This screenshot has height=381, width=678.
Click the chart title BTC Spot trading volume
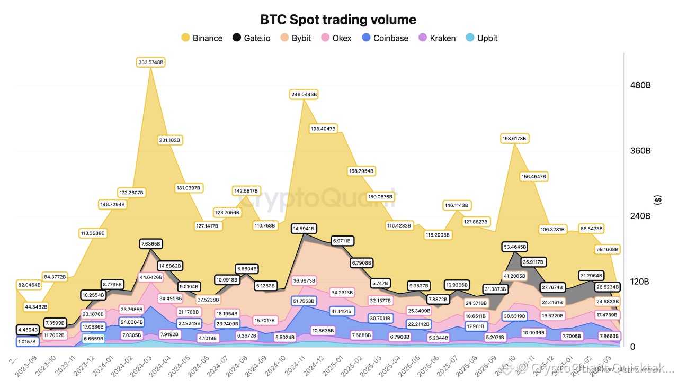pyautogui.click(x=338, y=20)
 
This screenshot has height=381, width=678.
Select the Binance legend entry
pyautogui.click(x=202, y=38)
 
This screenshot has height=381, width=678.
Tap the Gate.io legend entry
pyautogui.click(x=252, y=38)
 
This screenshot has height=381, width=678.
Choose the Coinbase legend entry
pyautogui.click(x=385, y=38)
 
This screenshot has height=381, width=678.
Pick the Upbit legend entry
pyautogui.click(x=481, y=38)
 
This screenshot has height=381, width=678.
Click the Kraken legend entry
pyautogui.click(x=437, y=38)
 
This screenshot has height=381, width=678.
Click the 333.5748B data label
pyautogui.click(x=151, y=62)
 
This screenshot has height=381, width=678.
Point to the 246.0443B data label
pyautogui.click(x=304, y=95)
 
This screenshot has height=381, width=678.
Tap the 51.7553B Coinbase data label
pyautogui.click(x=304, y=301)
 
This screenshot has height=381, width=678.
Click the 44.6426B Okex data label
pyautogui.click(x=151, y=277)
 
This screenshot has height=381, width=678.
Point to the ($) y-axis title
pyautogui.click(x=658, y=200)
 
